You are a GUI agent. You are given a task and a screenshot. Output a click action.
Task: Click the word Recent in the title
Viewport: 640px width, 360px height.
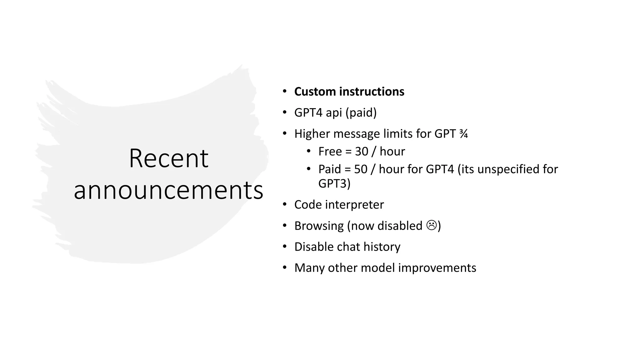pos(168,158)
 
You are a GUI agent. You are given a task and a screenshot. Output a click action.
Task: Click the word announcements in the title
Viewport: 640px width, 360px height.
pos(168,190)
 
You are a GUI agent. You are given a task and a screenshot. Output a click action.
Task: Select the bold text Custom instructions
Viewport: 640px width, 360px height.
pos(349,92)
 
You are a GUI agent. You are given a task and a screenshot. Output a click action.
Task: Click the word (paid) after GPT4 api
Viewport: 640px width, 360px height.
pos(361,112)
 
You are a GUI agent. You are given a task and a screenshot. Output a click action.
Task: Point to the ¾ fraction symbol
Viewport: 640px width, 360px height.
pos(463,134)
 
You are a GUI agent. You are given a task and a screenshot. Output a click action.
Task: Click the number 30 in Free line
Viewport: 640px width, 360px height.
pos(362,152)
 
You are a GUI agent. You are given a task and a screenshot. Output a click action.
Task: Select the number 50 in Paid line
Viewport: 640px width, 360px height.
pos(361,169)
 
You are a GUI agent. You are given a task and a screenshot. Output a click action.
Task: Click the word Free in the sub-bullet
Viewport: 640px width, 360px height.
pos(330,152)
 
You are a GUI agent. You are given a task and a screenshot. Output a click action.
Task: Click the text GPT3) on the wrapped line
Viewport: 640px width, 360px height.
pos(334,183)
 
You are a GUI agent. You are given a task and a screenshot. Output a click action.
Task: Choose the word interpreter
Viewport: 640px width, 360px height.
pos(354,205)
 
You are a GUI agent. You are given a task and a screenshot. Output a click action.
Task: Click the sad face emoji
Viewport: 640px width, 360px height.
pos(432,225)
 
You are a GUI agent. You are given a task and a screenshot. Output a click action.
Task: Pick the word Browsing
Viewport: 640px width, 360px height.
pos(319,226)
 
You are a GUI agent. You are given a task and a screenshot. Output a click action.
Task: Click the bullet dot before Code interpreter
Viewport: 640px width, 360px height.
pos(284,204)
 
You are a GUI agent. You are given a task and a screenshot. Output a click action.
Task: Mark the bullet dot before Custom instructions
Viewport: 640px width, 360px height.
pos(284,91)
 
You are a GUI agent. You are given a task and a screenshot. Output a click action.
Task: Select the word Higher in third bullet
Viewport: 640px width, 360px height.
pos(312,134)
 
